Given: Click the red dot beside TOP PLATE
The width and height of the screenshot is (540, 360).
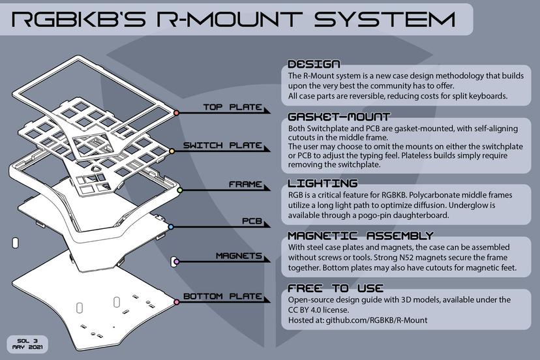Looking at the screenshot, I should [x=176, y=113].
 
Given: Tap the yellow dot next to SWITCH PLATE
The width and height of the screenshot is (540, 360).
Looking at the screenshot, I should [x=172, y=151].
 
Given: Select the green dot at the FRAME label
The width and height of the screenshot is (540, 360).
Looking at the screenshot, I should [x=179, y=190].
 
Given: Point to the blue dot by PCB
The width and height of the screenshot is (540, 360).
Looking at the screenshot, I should [x=170, y=227].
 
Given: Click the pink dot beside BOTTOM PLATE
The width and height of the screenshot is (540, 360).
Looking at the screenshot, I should [x=176, y=302].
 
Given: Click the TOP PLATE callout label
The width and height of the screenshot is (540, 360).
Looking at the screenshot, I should [x=232, y=108].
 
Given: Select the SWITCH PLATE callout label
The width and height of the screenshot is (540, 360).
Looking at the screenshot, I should [x=222, y=145].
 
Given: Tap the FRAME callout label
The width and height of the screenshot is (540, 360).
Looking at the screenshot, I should [x=245, y=185].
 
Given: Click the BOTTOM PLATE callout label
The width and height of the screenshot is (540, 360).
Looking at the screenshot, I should [x=222, y=297].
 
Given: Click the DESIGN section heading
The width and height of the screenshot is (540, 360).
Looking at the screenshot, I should [x=314, y=65].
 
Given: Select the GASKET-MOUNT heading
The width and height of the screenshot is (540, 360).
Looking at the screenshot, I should [x=338, y=117].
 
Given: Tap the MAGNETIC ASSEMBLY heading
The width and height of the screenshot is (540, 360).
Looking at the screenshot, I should [x=360, y=235].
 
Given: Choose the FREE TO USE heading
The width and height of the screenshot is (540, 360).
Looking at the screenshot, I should [x=336, y=288].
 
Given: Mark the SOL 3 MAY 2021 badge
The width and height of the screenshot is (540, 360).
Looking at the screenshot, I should [x=26, y=343].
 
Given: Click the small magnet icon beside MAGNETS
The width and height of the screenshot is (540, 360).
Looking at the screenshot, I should [x=174, y=262].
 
